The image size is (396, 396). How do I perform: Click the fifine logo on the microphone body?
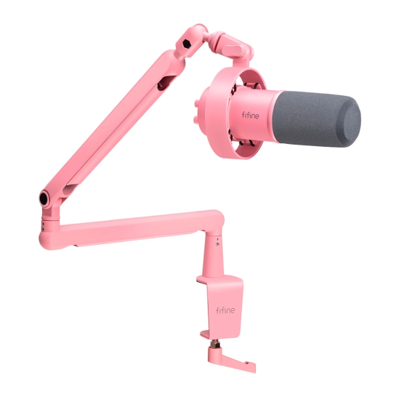pos(250,116)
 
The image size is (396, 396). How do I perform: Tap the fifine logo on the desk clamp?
pos(225,310)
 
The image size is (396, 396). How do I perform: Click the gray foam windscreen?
pos(317,118)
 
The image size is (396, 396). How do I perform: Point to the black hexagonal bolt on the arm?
pos(187,44)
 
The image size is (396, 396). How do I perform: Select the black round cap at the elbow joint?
pos(44,199)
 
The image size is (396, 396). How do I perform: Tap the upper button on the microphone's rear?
pos(196,102)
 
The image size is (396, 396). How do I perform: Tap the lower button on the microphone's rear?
pos(195,120)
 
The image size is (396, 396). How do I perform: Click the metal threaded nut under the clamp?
pos(215,343)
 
